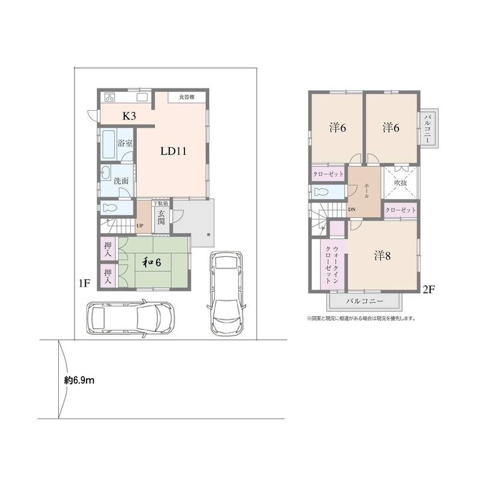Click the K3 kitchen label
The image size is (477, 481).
(129, 116)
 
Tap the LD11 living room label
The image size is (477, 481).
(173, 151)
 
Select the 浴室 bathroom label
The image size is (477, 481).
(125, 143)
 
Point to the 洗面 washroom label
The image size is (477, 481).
(121, 181)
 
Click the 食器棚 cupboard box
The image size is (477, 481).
(187, 97)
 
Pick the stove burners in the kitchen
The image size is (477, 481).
(109, 97)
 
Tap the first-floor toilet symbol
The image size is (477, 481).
(110, 208)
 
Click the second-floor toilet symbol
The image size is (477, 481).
(321, 192)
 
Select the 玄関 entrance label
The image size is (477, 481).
(161, 217)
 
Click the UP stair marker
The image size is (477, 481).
(140, 225)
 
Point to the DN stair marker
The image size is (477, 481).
(351, 209)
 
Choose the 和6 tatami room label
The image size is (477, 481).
(152, 262)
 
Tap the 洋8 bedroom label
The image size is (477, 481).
(382, 256)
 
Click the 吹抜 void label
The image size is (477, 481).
(400, 183)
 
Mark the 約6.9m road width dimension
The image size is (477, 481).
(79, 381)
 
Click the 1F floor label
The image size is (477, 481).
(84, 283)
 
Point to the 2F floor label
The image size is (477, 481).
(428, 289)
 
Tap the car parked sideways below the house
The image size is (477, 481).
(130, 318)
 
